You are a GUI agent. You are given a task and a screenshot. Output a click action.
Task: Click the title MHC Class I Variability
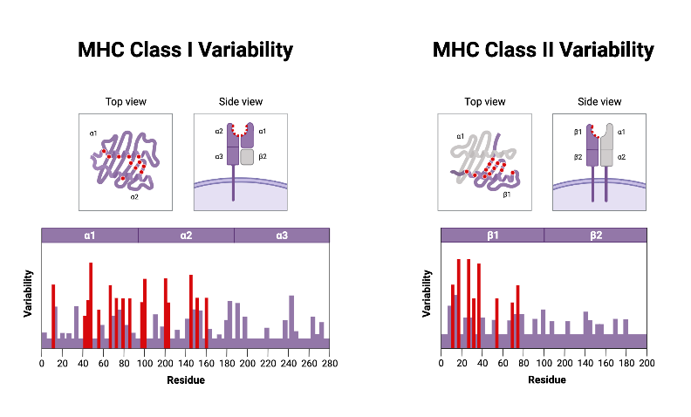tap(185, 50)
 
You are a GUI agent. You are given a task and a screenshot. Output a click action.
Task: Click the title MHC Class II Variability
tap(543, 50)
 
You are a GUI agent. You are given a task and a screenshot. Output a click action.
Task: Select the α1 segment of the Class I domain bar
tap(90, 236)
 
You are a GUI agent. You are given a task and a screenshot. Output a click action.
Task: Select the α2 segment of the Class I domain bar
tap(186, 236)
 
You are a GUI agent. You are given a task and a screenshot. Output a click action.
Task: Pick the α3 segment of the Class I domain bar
tap(282, 236)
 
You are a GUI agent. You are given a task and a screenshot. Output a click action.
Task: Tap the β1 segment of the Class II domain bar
tap(492, 236)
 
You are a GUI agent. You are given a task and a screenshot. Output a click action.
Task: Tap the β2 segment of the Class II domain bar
tap(595, 236)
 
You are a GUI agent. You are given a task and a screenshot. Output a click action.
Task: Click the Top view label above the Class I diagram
tap(126, 102)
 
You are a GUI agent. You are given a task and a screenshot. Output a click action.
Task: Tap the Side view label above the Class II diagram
tap(599, 102)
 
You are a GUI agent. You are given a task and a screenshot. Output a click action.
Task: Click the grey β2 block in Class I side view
tap(247, 156)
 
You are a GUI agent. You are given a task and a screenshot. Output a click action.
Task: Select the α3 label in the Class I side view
tap(219, 156)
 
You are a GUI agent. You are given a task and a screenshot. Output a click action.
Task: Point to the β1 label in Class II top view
tap(506, 195)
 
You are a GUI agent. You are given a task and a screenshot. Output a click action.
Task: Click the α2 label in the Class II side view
tap(621, 157)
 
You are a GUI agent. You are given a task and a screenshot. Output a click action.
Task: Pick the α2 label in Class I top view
tap(134, 197)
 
